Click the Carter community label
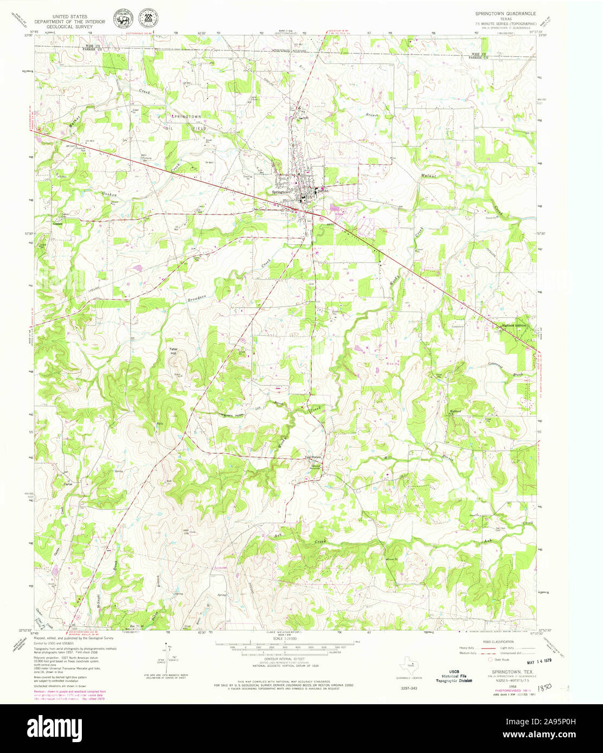pyautogui.click(x=68, y=484)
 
